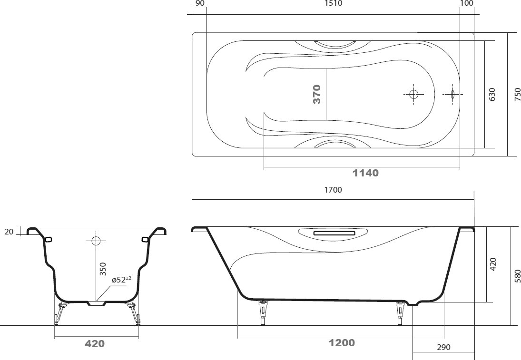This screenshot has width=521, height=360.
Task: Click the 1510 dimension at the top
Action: pyautogui.click(x=333, y=3)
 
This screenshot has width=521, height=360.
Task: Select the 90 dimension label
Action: pyautogui.click(x=200, y=3)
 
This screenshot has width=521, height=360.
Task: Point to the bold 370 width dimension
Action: pyautogui.click(x=317, y=94)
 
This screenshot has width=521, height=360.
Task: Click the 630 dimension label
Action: pyautogui.click(x=492, y=94)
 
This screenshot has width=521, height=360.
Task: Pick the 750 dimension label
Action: pyautogui.click(x=517, y=94)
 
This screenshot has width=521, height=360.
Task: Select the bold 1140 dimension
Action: pyautogui.click(x=365, y=173)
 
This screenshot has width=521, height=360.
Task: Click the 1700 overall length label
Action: pyautogui.click(x=333, y=190)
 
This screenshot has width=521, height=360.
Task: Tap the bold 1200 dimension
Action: pyautogui.click(x=342, y=343)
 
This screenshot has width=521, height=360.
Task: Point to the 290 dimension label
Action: pyautogui.click(x=443, y=347)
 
